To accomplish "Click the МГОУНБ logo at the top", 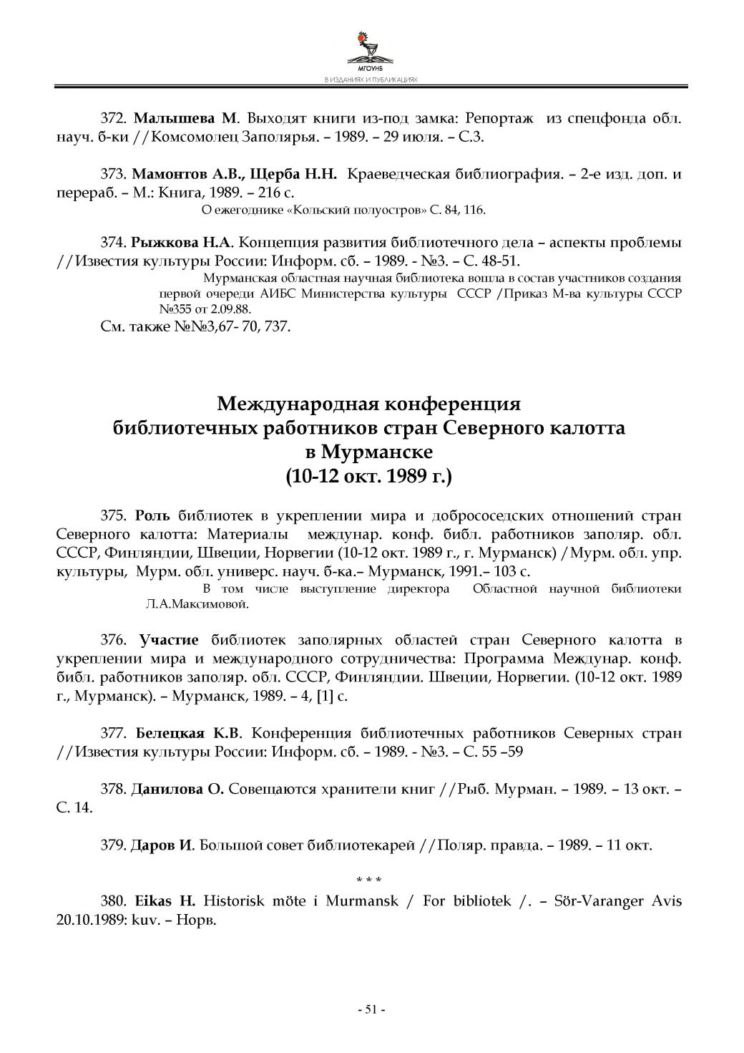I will [x=371, y=50].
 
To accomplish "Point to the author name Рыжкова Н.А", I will [x=187, y=242].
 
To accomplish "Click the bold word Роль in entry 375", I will [x=154, y=515].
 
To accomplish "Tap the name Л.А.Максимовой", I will [x=197, y=603].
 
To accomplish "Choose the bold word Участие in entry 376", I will [x=169, y=639].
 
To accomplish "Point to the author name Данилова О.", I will [x=177, y=790].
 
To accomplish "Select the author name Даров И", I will [x=162, y=845].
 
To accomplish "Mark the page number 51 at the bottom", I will [x=371, y=1009].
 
